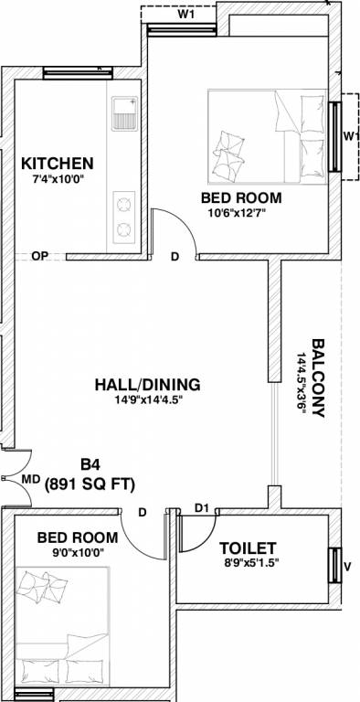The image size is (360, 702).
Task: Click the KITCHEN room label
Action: tap(58, 163)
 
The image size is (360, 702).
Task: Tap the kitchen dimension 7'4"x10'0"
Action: tap(58, 179)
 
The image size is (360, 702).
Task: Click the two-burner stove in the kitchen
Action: tap(122, 215)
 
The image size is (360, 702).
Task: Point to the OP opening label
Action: tap(38, 256)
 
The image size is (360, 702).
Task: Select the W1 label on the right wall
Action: tap(350, 135)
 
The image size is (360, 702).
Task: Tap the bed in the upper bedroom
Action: tap(266, 136)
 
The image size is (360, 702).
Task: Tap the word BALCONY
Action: tap(318, 378)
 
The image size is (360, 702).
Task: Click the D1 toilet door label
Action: tap(203, 507)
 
